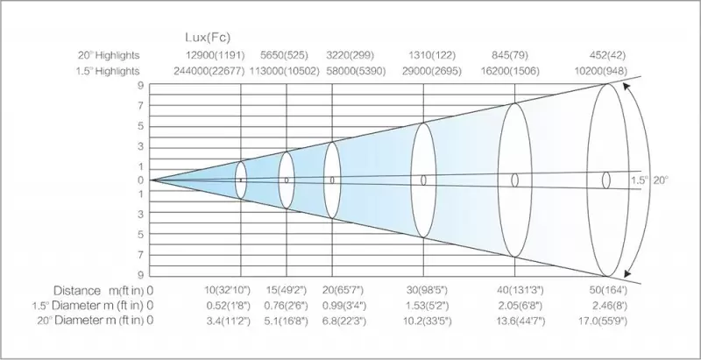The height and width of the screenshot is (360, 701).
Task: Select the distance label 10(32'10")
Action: [226, 290]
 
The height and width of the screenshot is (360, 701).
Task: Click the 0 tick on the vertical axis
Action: [139, 180]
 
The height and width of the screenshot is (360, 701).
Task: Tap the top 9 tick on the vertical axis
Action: [139, 85]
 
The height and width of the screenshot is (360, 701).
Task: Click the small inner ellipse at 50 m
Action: [605, 180]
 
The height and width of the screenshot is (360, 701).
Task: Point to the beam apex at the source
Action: [151, 180]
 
